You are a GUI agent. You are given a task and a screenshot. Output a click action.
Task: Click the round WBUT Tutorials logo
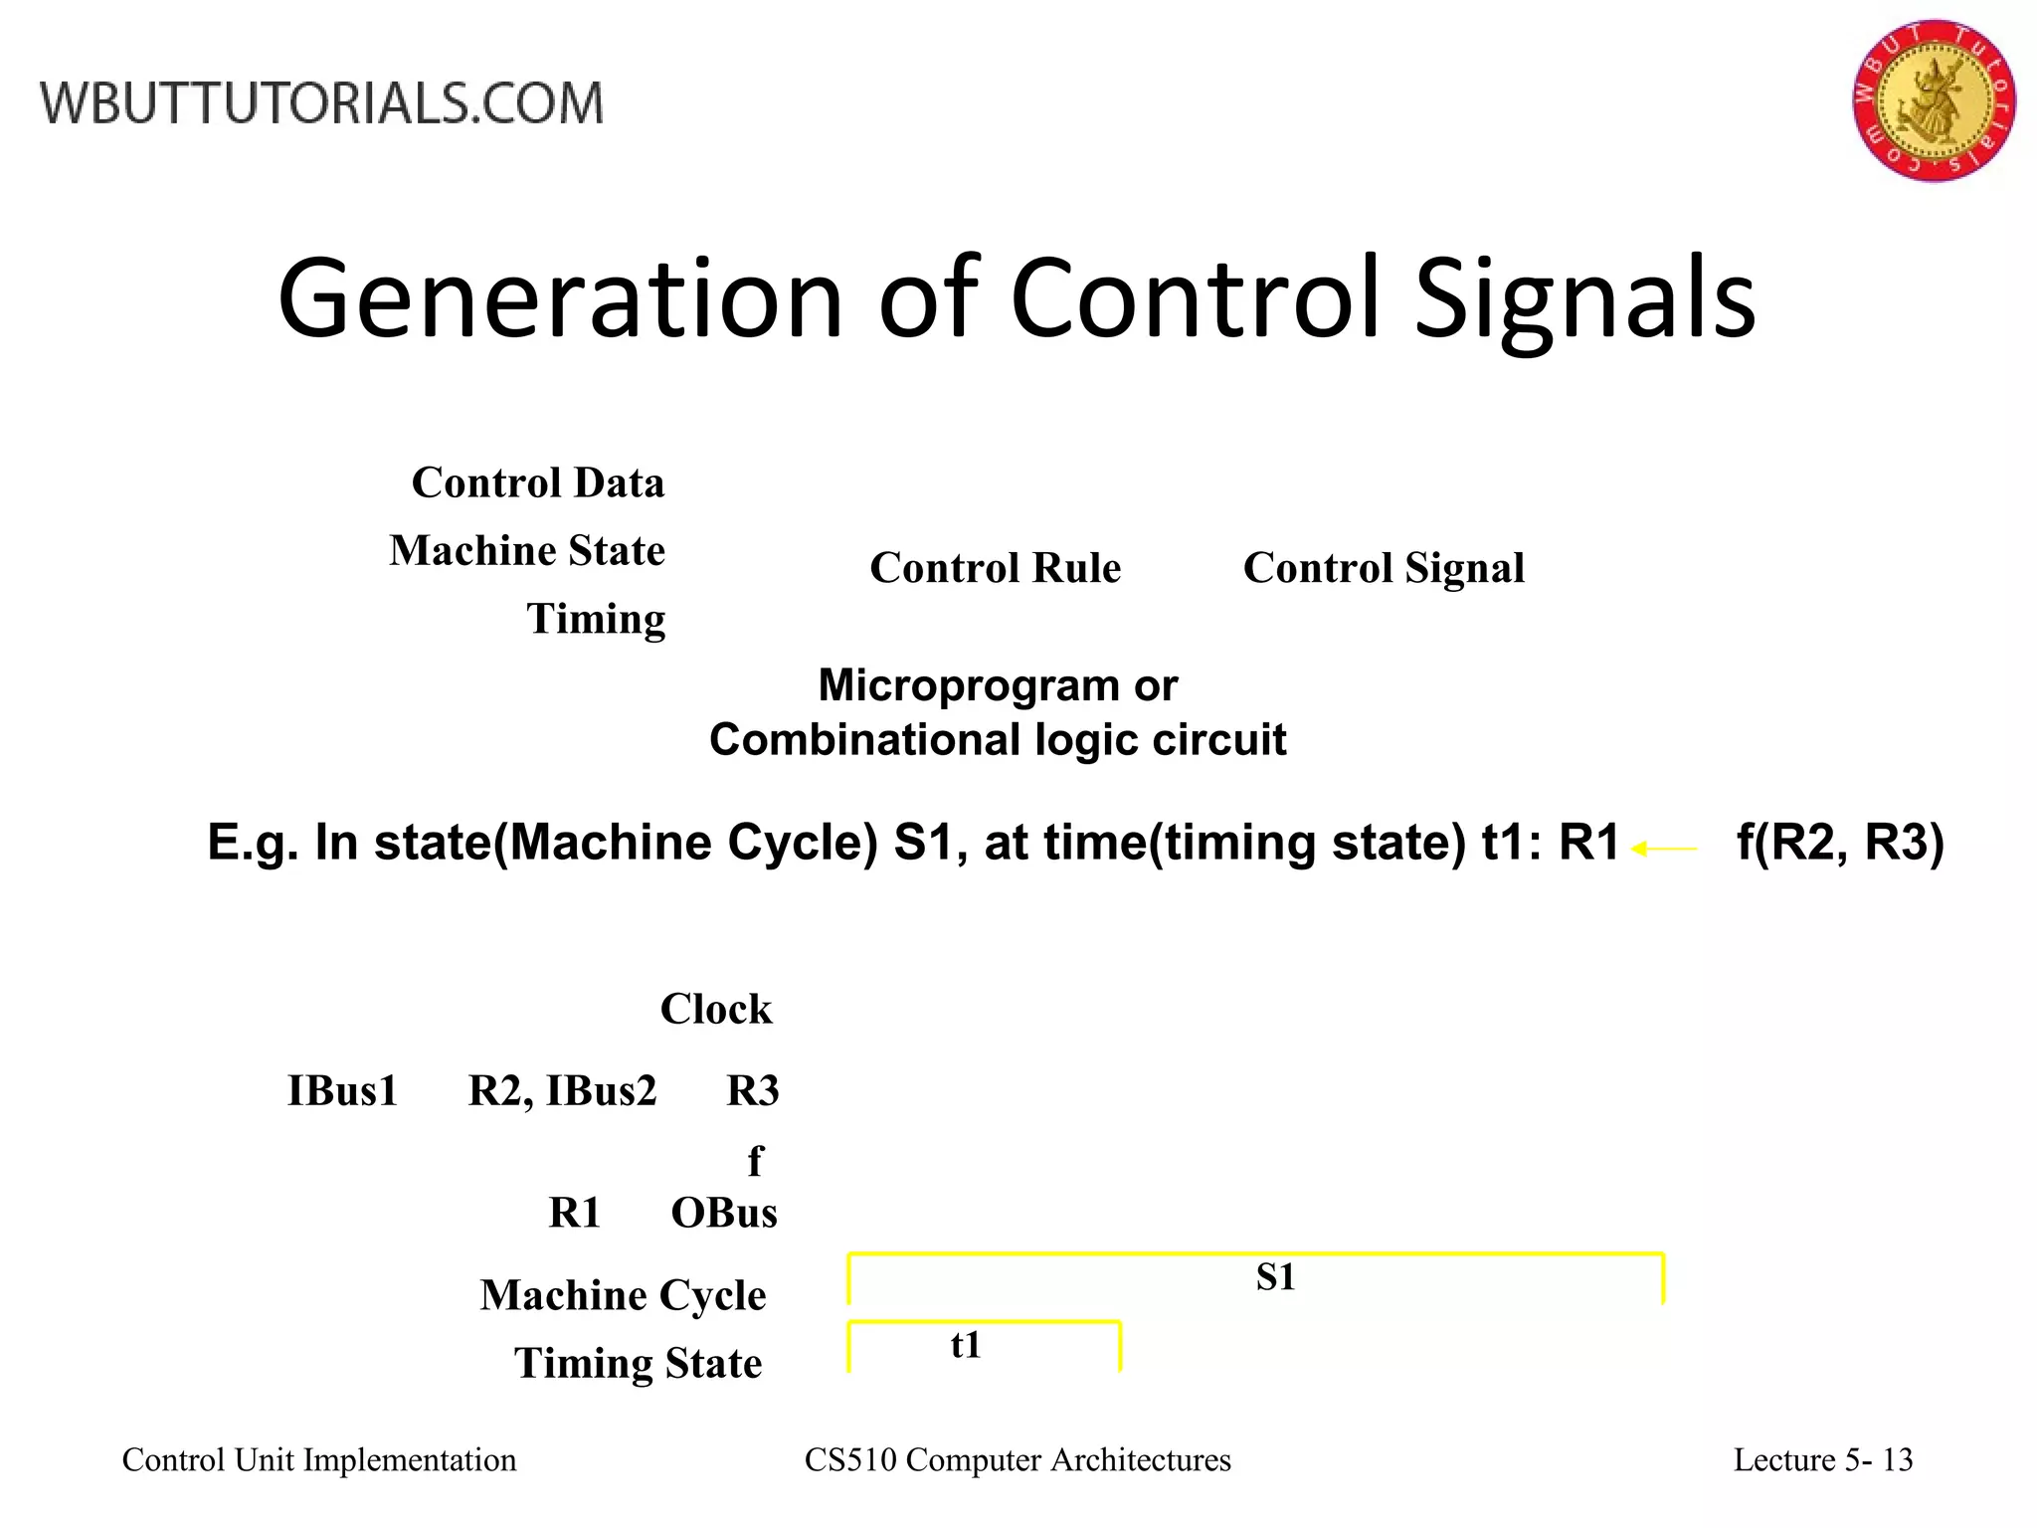pyautogui.click(x=1934, y=100)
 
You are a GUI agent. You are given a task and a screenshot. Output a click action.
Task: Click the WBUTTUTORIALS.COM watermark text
pyautogui.click(x=321, y=103)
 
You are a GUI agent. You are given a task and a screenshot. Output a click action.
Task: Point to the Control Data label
pyautogui.click(x=537, y=482)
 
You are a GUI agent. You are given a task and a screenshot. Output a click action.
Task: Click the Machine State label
pyautogui.click(x=527, y=550)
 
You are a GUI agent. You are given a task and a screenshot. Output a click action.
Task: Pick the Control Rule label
pyautogui.click(x=995, y=568)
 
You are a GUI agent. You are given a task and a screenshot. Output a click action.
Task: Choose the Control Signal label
pyautogui.click(x=1383, y=568)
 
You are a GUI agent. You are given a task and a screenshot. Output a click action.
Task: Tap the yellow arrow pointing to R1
pyautogui.click(x=1664, y=849)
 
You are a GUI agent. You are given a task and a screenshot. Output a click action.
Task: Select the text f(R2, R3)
pyautogui.click(x=1839, y=843)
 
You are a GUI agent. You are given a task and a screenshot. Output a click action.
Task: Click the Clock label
pyautogui.click(x=715, y=1009)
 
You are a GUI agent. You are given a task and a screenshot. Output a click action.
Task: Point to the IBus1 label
pyautogui.click(x=342, y=1090)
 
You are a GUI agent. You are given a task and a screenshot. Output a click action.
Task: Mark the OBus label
pyautogui.click(x=724, y=1213)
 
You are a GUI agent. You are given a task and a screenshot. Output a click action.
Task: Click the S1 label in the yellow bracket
pyautogui.click(x=1275, y=1276)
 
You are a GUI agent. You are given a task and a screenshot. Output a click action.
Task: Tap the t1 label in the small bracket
pyautogui.click(x=966, y=1345)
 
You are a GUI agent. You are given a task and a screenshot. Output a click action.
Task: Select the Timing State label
pyautogui.click(x=638, y=1363)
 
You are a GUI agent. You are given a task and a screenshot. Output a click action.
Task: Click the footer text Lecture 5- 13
pyautogui.click(x=1822, y=1459)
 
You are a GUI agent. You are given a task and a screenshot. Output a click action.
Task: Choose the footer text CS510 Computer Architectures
pyautogui.click(x=1017, y=1459)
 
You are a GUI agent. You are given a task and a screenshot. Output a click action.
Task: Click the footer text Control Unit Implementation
pyautogui.click(x=319, y=1459)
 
